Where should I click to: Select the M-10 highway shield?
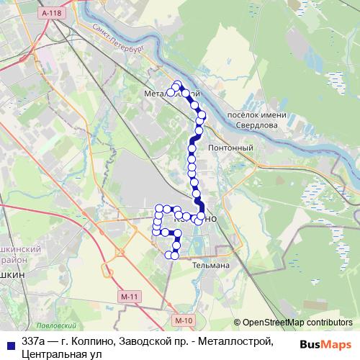(184, 320)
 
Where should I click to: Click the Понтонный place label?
(230, 148)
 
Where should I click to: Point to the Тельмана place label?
(209, 266)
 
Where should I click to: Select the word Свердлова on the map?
(258, 124)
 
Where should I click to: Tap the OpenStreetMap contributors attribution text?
(293, 323)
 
